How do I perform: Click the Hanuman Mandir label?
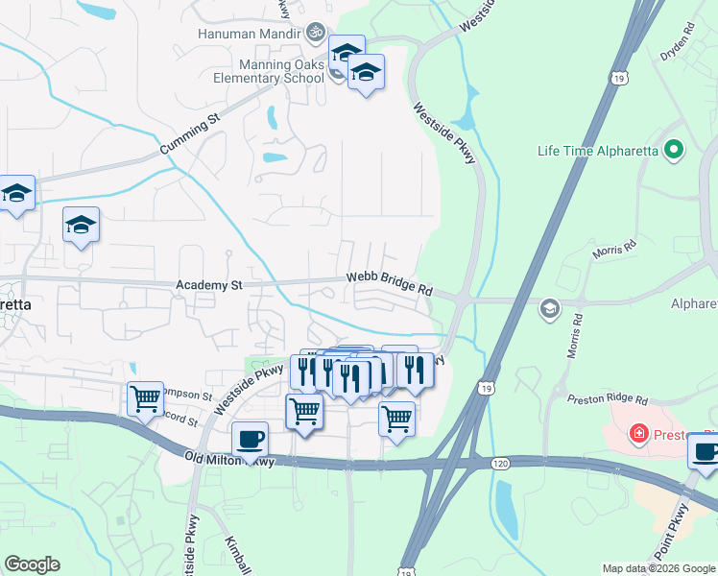coord(247,34)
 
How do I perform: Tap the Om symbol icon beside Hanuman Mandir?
coord(312,34)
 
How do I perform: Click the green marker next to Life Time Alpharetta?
coord(674,150)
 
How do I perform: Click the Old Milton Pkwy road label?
coord(229,462)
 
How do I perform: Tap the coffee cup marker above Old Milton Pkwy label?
coord(251,439)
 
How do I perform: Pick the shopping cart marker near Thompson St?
coord(145,396)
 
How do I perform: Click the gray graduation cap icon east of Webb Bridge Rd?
coord(549,308)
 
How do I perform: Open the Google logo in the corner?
coord(32,564)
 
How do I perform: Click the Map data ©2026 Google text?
coord(658,568)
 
